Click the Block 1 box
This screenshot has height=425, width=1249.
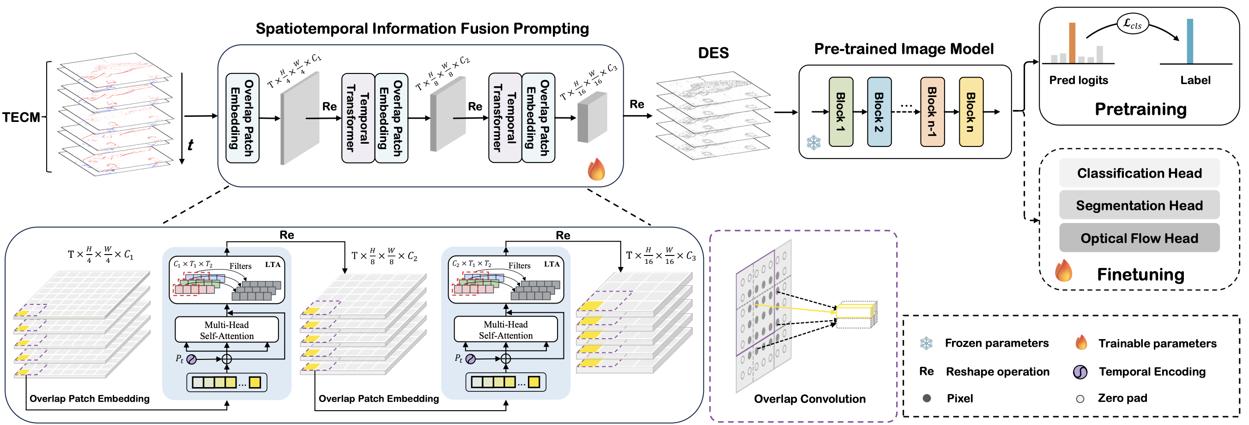pos(840,112)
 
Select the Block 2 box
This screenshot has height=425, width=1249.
pos(879,112)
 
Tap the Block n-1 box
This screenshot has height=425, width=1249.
pos(933,112)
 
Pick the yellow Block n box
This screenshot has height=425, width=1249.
pos(970,112)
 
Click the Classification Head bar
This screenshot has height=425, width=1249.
pos(1139,173)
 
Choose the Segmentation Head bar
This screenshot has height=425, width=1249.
pos(1139,205)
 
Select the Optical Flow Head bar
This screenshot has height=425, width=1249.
pos(1139,238)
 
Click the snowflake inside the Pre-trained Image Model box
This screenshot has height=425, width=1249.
pos(813,143)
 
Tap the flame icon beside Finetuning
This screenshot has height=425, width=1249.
pos(1063,270)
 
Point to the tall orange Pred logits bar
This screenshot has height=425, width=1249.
pos(1072,42)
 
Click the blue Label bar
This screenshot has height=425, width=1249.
pos(1190,41)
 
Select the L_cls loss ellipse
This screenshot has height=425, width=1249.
pos(1133,23)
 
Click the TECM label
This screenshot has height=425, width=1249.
pos(21,117)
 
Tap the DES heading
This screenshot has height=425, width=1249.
pos(713,52)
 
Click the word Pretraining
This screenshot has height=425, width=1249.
pos(1140,109)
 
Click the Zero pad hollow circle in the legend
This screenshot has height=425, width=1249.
pos(1080,399)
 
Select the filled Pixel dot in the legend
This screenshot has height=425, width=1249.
pos(927,398)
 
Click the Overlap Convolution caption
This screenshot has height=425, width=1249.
pos(809,399)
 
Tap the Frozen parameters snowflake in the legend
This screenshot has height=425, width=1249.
pos(926,344)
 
